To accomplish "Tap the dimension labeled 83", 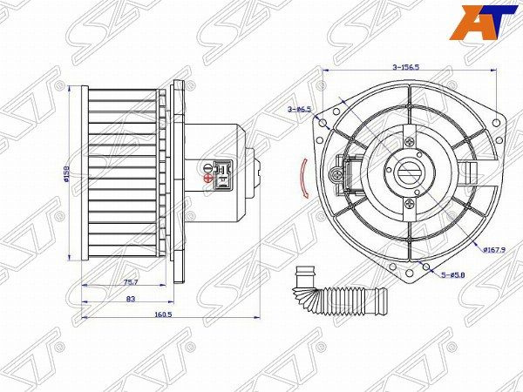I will pyautogui.click(x=130, y=299).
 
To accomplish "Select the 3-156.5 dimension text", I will pyautogui.click(x=406, y=67).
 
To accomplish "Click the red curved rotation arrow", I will pyautogui.click(x=302, y=179).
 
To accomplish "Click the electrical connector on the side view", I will pyautogui.click(x=224, y=172).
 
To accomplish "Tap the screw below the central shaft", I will pyautogui.click(x=407, y=205).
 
